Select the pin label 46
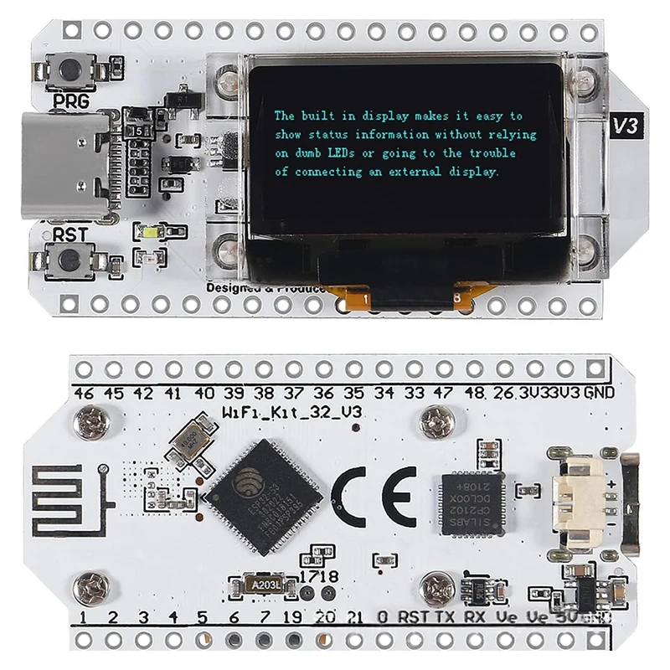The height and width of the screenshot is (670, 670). [x=82, y=393]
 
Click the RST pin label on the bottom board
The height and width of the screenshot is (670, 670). [x=413, y=618]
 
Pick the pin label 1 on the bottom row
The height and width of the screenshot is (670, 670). [x=83, y=619]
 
